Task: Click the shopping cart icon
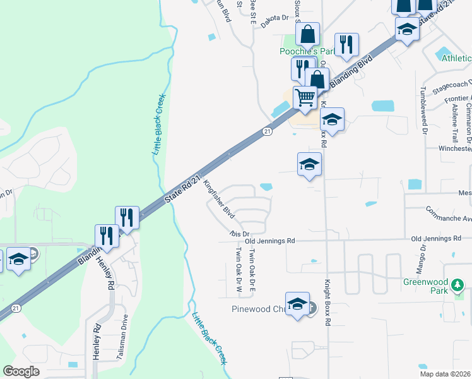(x=305, y=98)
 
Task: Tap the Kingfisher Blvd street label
(x=219, y=198)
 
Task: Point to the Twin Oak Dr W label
(x=239, y=270)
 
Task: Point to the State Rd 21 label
(x=186, y=188)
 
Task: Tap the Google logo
(x=21, y=371)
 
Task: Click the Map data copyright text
(x=445, y=374)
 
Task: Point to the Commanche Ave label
(x=448, y=214)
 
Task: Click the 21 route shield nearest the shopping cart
(x=267, y=131)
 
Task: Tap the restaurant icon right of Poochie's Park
(x=346, y=44)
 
